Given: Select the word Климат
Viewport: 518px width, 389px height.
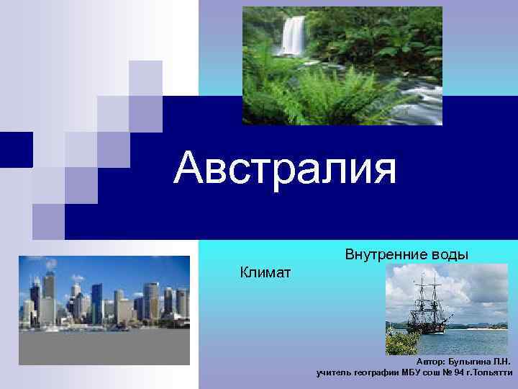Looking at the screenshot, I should tap(265, 272).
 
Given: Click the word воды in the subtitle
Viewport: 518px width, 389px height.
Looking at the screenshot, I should tap(449, 254).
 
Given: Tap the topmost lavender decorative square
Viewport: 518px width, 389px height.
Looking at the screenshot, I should tap(145, 78).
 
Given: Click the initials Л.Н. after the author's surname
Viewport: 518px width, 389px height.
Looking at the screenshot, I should tap(501, 361).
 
